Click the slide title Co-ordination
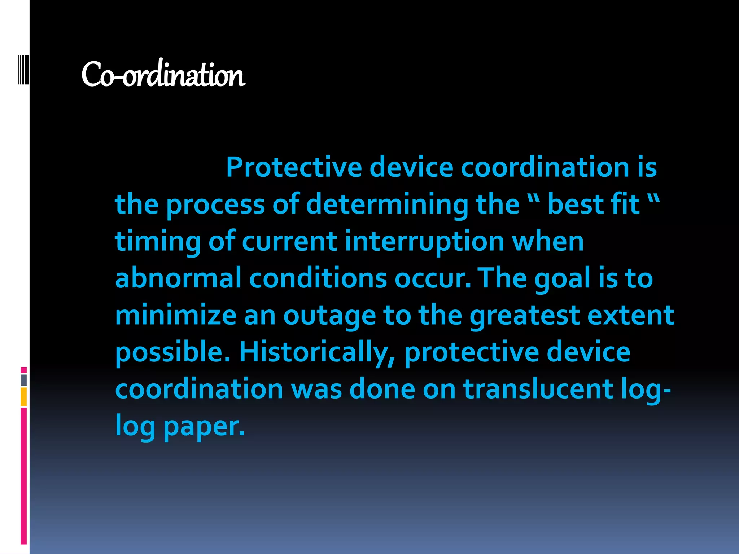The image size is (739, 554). click(x=163, y=75)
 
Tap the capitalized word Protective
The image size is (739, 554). click(x=294, y=167)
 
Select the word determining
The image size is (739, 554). click(x=387, y=205)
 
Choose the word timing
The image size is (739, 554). click(x=158, y=242)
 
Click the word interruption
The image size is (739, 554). click(x=424, y=242)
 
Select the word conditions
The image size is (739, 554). click(x=318, y=278)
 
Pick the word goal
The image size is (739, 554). click(x=562, y=279)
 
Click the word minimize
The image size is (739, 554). click(x=176, y=315)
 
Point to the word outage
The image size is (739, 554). click(x=329, y=316)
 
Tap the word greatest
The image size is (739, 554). click(x=524, y=316)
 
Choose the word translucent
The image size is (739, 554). click(x=538, y=389)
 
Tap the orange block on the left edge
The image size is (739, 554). click(x=23, y=397)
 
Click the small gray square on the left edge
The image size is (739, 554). click(x=23, y=380)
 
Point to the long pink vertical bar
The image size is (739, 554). click(x=23, y=476)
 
